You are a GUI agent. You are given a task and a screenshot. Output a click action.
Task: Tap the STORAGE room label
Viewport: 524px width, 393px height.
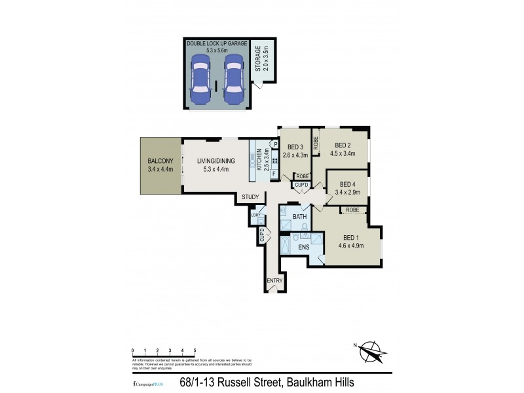[259, 59]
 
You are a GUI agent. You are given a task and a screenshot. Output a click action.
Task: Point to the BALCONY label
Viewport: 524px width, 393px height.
[160, 161]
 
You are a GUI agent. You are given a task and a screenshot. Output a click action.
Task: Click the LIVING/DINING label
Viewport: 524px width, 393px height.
[216, 161]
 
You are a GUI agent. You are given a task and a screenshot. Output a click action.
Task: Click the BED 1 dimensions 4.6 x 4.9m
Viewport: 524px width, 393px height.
[350, 246]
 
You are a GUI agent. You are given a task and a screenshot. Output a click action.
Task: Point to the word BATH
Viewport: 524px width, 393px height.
[300, 216]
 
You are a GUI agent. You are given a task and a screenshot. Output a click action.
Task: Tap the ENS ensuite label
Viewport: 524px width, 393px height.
[303, 247]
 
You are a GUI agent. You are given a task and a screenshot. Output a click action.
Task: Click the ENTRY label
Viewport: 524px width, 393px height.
[274, 281]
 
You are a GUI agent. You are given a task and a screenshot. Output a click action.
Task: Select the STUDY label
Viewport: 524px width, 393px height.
[250, 197]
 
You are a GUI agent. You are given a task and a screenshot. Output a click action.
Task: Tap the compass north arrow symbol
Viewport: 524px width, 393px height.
[371, 351]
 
